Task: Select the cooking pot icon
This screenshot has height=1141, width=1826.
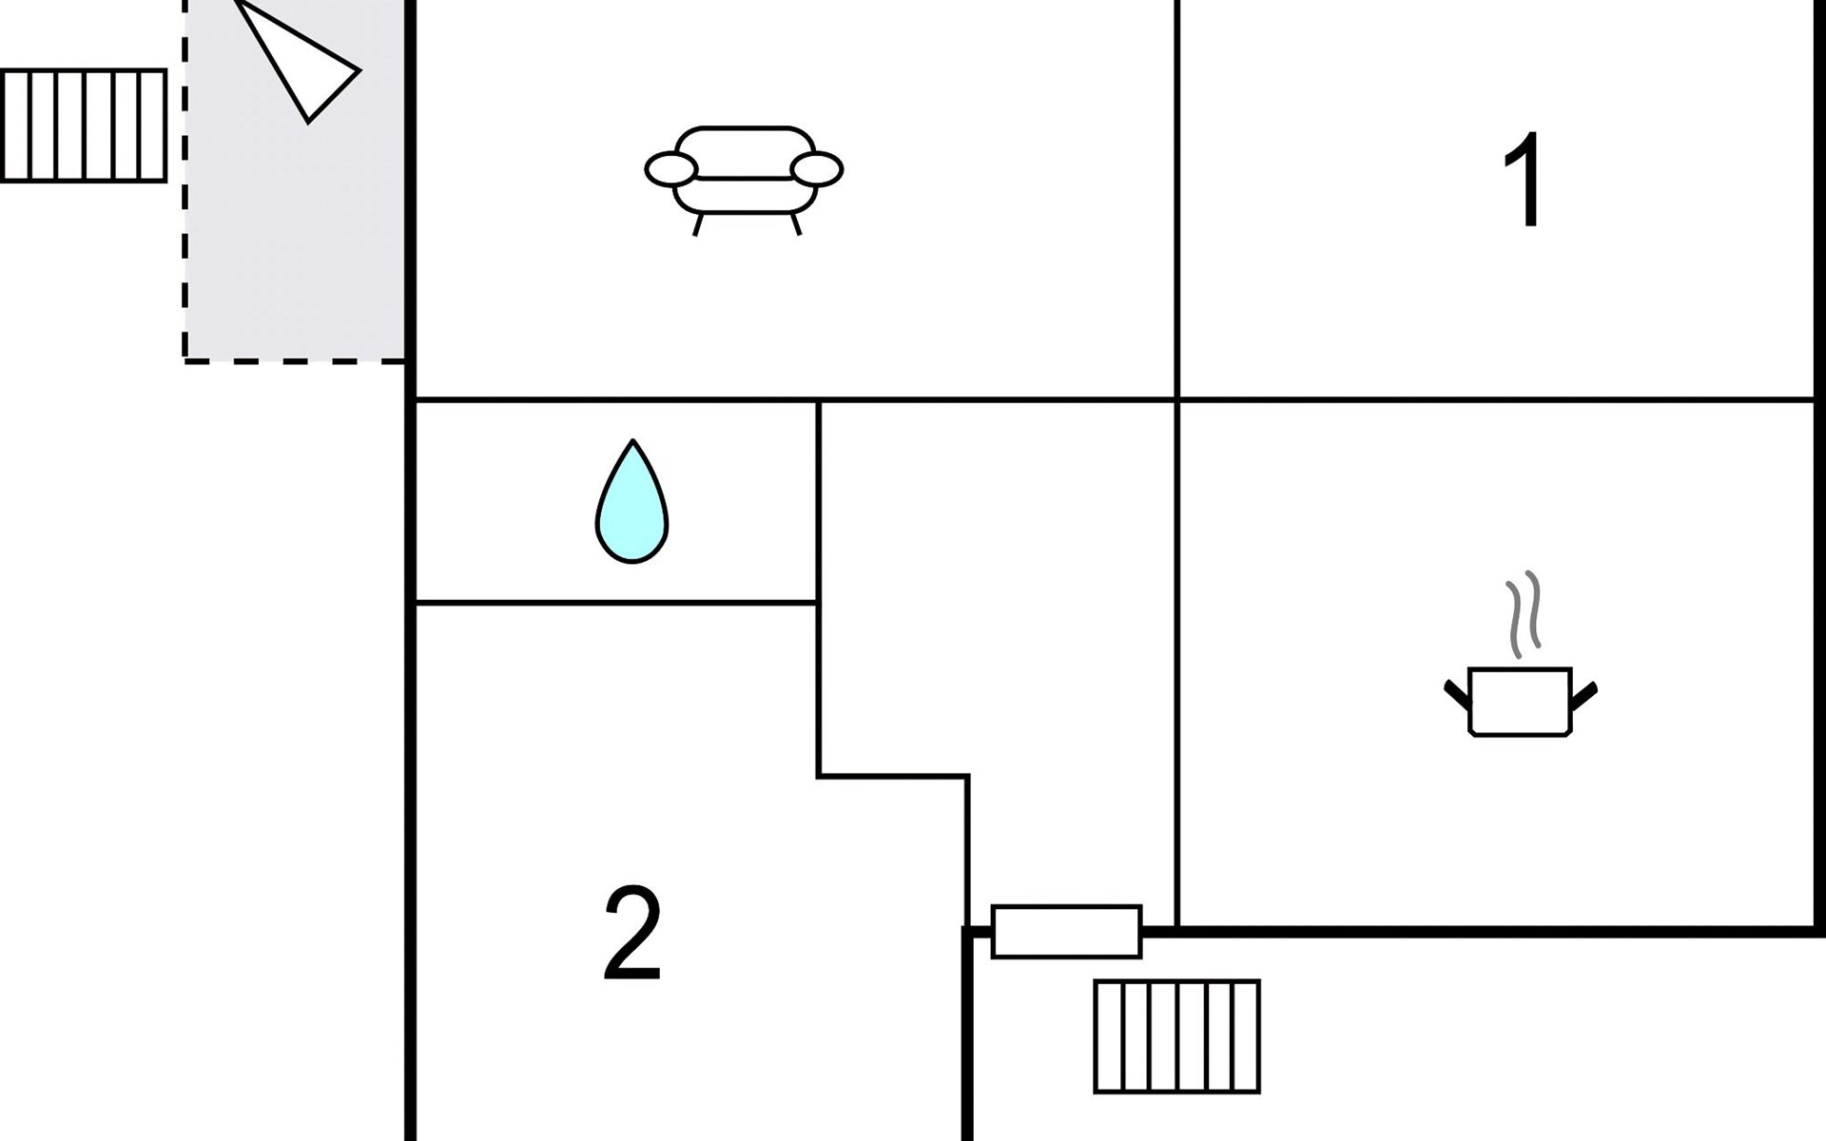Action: point(1520,702)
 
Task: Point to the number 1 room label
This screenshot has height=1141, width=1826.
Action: point(1525,181)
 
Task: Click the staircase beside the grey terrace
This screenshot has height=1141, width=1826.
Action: point(84,125)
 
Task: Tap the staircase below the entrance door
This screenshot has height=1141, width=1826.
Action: point(1176,1036)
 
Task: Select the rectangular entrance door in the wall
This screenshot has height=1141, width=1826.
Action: point(1066,932)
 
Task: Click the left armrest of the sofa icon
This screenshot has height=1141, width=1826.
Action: point(671,170)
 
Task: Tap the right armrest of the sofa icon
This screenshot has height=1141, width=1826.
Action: point(817,170)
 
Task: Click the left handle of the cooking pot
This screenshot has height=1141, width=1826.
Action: point(1457,695)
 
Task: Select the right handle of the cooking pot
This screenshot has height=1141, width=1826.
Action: point(1584,695)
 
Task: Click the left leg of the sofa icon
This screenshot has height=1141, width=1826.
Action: point(698,224)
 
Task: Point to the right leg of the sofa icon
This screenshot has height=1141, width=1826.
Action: point(796,224)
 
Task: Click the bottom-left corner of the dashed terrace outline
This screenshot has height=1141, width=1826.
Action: point(185,360)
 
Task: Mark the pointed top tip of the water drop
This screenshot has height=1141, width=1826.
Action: point(632,442)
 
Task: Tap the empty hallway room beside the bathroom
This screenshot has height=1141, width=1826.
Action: point(994,590)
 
